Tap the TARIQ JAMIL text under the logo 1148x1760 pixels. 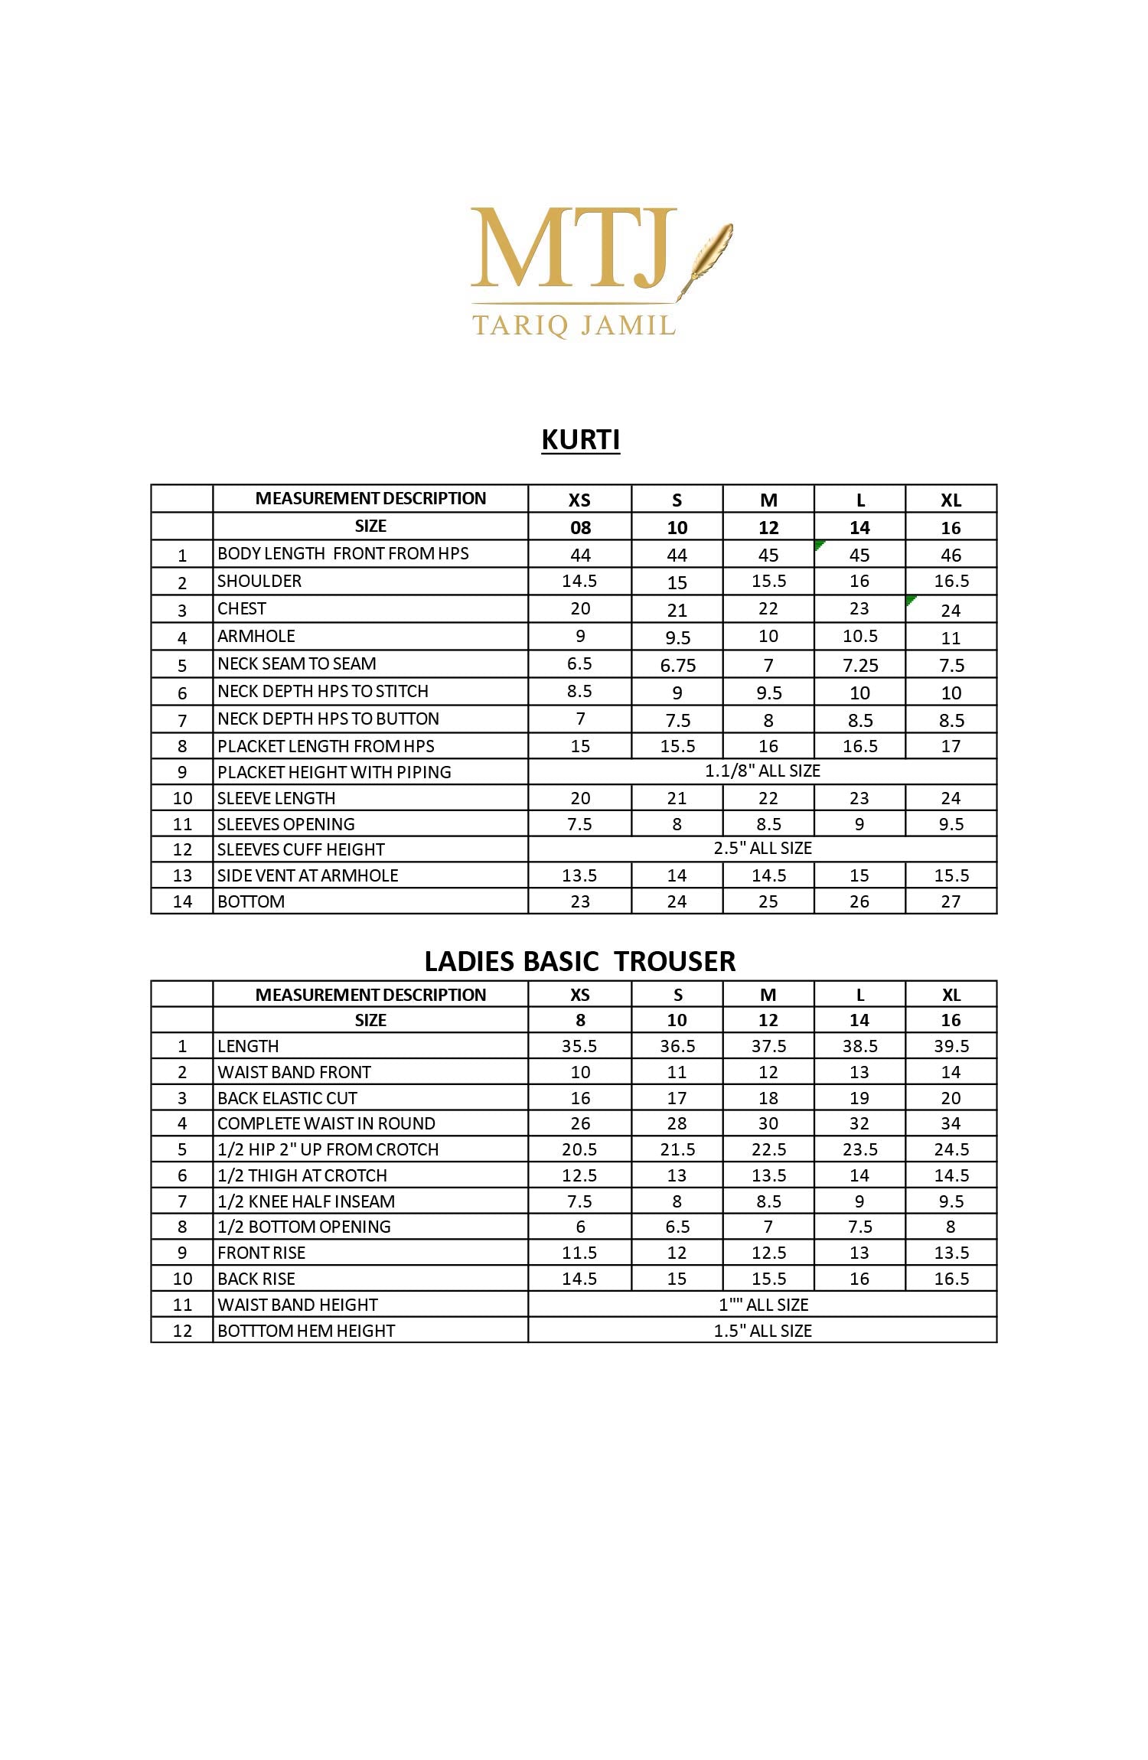tap(574, 325)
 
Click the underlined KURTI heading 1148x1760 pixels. tap(580, 440)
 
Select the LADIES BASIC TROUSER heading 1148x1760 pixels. tap(580, 961)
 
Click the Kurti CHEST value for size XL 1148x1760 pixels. tap(951, 610)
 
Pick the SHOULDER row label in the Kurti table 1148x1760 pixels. tap(259, 582)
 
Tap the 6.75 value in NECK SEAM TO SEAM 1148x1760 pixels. tap(677, 665)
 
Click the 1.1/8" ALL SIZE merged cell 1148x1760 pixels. tap(762, 771)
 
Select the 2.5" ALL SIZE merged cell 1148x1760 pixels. tap(762, 849)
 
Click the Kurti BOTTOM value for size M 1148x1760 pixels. tap(768, 901)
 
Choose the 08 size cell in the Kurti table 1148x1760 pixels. tap(580, 527)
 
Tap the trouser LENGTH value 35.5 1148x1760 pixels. tap(579, 1046)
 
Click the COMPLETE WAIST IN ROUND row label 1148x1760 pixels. tap(326, 1123)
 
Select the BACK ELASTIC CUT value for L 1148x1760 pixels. tap(859, 1098)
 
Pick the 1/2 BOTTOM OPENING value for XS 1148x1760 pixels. tap(580, 1227)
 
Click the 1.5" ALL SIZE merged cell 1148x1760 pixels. tap(762, 1331)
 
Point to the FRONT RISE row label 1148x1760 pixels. tap(262, 1253)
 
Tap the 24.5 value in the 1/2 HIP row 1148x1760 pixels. tap(951, 1149)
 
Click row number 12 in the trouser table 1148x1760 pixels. tap(182, 1331)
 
